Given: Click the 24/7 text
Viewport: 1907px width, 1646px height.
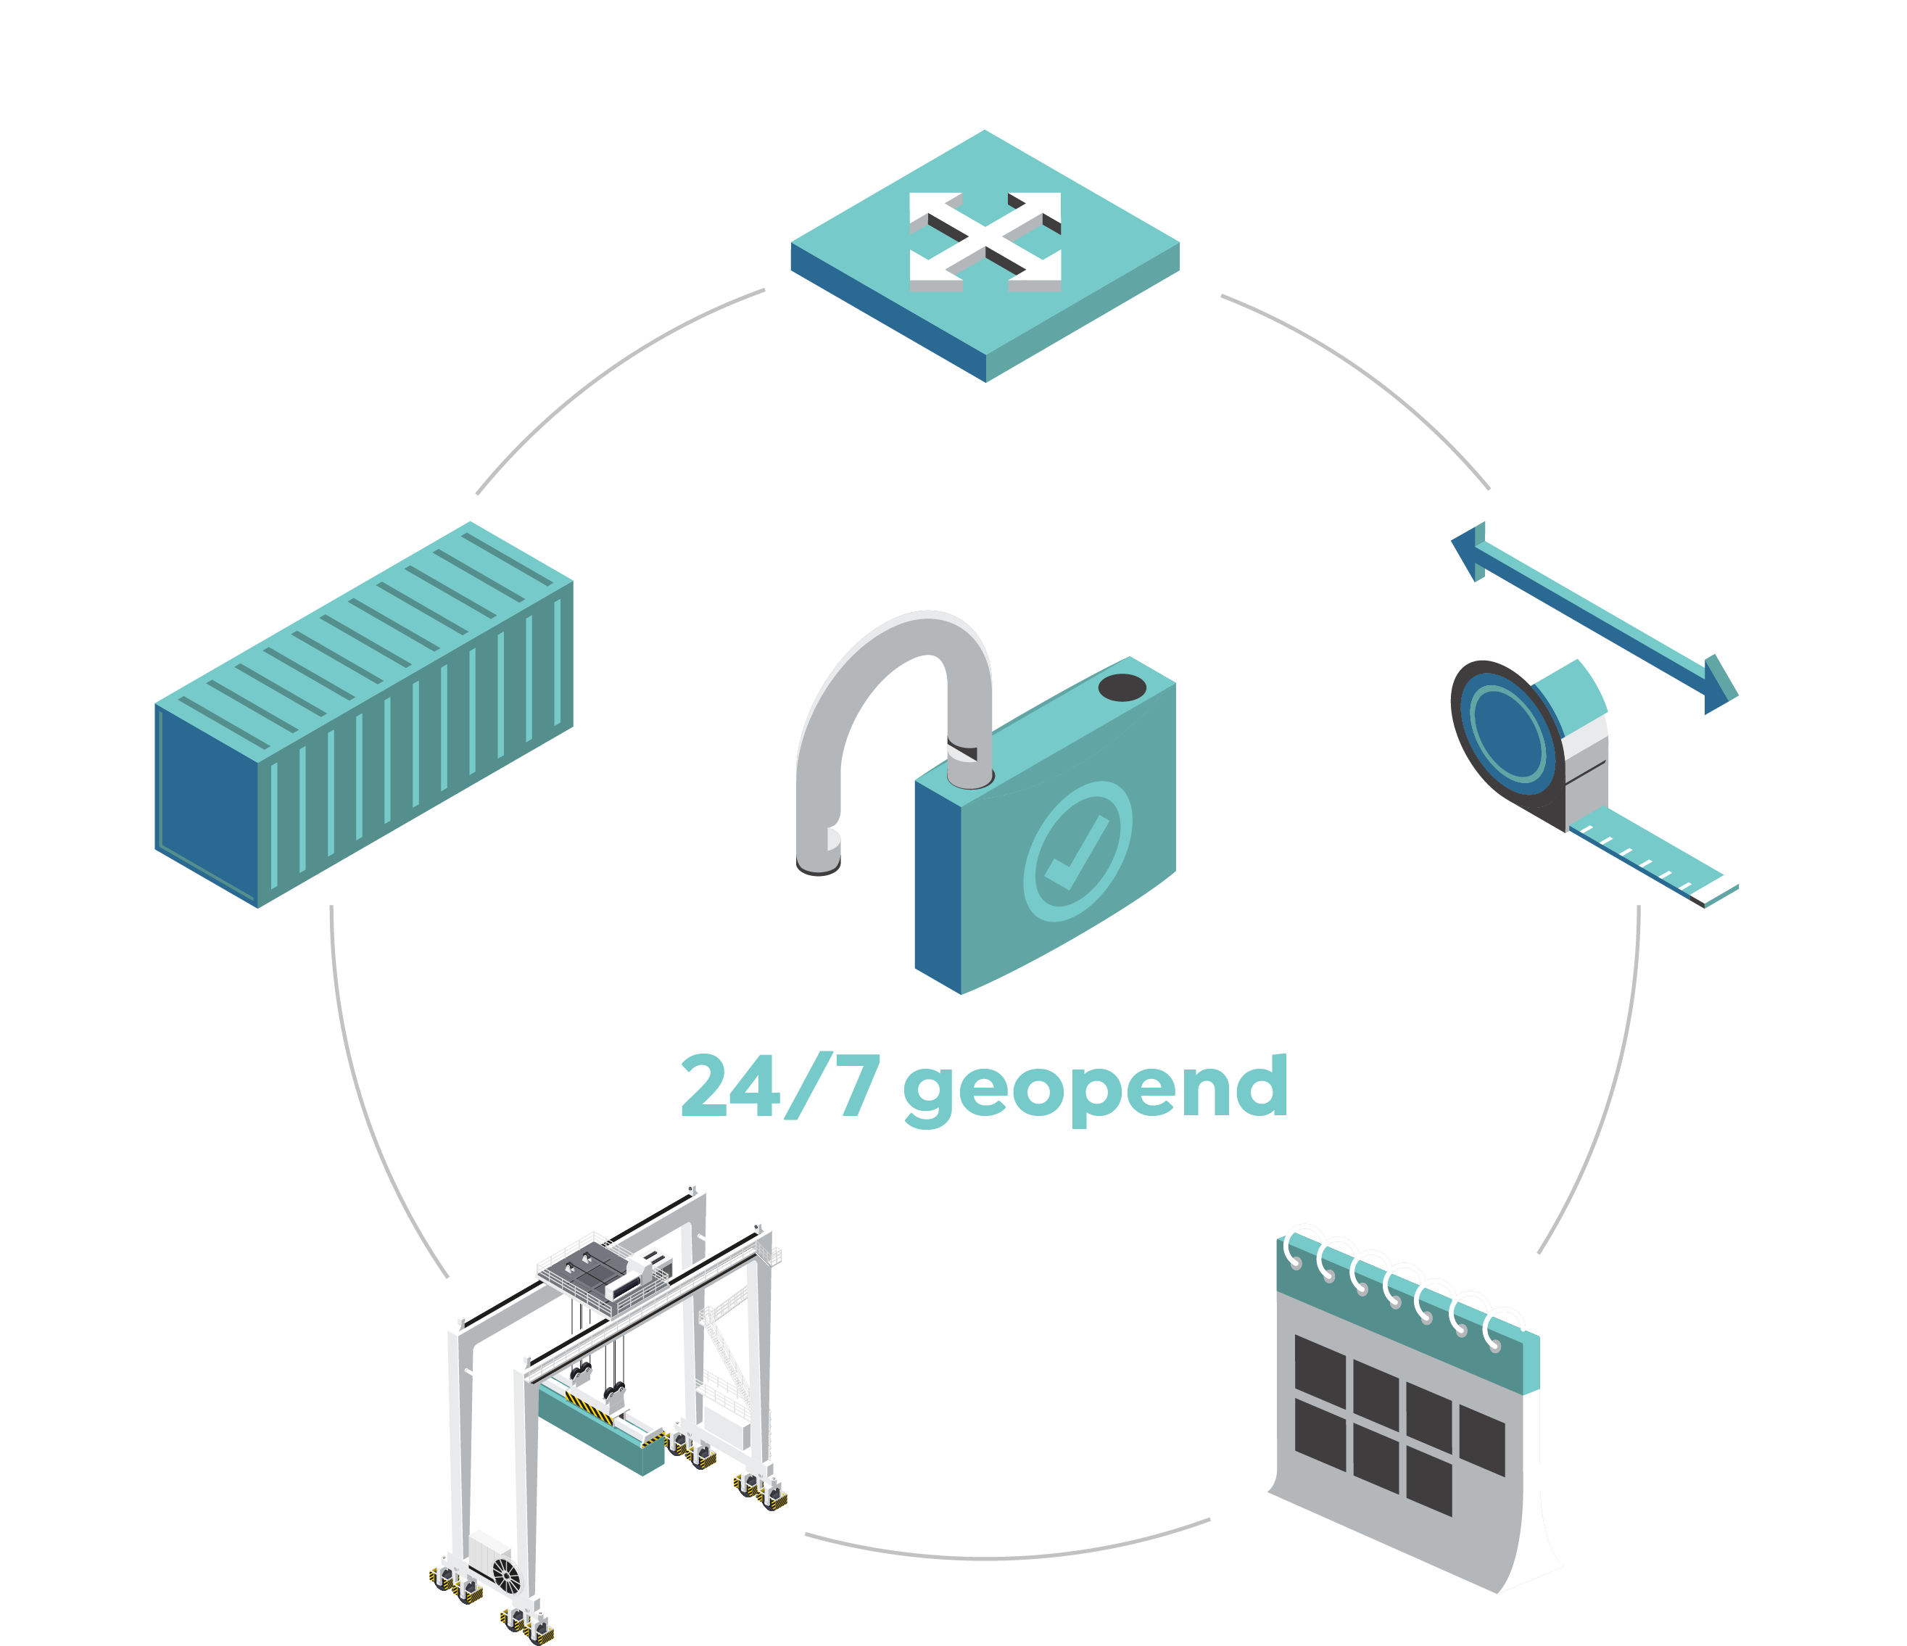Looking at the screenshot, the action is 780,1085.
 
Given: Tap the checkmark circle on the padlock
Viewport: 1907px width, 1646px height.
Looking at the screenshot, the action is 1077,851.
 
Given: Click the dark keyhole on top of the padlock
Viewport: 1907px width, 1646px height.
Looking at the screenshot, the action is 1122,687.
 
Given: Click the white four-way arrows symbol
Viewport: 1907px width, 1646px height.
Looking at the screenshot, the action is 985,242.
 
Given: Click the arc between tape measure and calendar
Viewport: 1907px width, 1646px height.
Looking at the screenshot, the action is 1613,1086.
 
